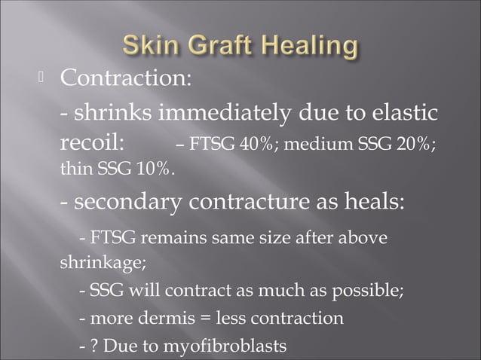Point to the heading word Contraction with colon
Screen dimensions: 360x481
click(125, 78)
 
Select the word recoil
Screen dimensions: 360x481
click(97, 143)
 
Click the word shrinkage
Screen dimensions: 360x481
click(101, 264)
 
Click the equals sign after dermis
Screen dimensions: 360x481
click(204, 319)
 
